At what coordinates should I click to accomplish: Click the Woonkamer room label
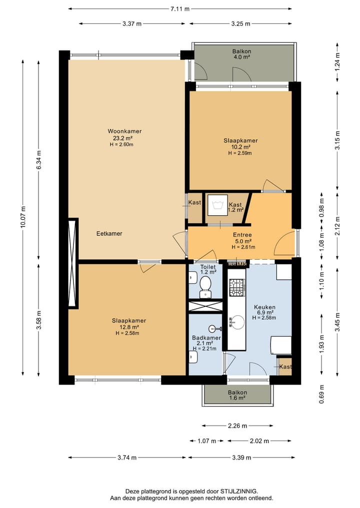124,131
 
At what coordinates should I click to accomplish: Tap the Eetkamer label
109,234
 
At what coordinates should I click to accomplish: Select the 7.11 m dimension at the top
180,9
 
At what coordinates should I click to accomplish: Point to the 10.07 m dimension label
22,217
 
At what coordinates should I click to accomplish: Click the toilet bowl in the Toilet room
205,286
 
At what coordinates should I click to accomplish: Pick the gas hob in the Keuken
236,288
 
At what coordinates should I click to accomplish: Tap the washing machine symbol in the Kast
216,205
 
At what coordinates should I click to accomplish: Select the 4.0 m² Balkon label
241,54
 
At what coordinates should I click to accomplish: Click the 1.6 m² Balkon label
237,395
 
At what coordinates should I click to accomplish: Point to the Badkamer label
206,338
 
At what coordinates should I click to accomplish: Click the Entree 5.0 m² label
242,238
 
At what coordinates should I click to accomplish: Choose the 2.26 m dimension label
237,426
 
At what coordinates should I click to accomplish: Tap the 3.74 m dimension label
127,458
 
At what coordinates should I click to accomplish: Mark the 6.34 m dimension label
38,160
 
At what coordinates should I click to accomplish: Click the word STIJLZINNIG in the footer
239,492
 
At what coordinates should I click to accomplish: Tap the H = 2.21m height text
204,349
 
